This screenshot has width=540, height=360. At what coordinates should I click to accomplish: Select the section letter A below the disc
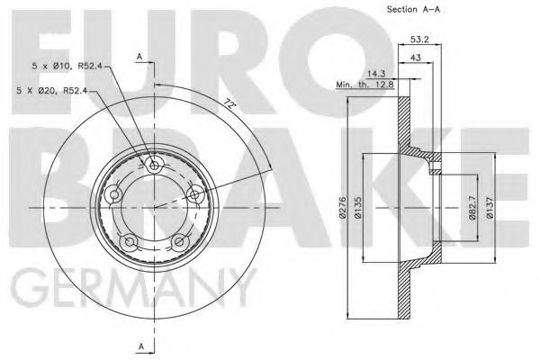[x=140, y=346]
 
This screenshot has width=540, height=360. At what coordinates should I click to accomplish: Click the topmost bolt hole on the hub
[x=154, y=166]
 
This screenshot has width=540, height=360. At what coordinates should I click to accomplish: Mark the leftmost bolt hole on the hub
[x=114, y=194]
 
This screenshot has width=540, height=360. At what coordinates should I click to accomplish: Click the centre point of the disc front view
[x=154, y=206]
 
